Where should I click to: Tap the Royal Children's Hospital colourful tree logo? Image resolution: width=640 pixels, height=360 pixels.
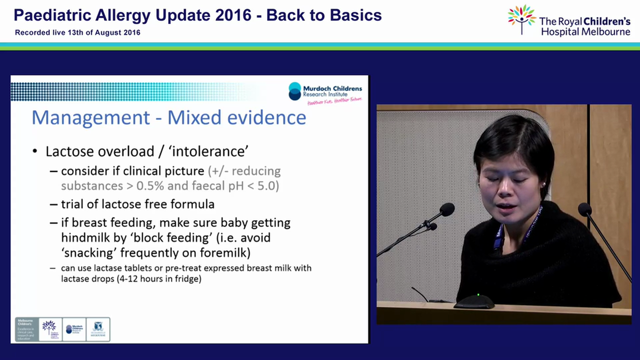[521, 18]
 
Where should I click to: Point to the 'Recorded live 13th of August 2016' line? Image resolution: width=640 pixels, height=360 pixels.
[77, 32]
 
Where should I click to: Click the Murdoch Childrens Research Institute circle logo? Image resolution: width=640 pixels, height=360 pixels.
[295, 90]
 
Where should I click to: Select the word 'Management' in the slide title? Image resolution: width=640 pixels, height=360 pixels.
[90, 117]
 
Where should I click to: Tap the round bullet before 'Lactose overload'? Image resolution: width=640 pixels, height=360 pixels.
[35, 151]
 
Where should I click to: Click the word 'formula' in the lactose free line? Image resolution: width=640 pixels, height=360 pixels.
[191, 204]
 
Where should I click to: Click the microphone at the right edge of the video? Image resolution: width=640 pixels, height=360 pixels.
[584, 209]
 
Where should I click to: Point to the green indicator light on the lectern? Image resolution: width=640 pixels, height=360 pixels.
[478, 295]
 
